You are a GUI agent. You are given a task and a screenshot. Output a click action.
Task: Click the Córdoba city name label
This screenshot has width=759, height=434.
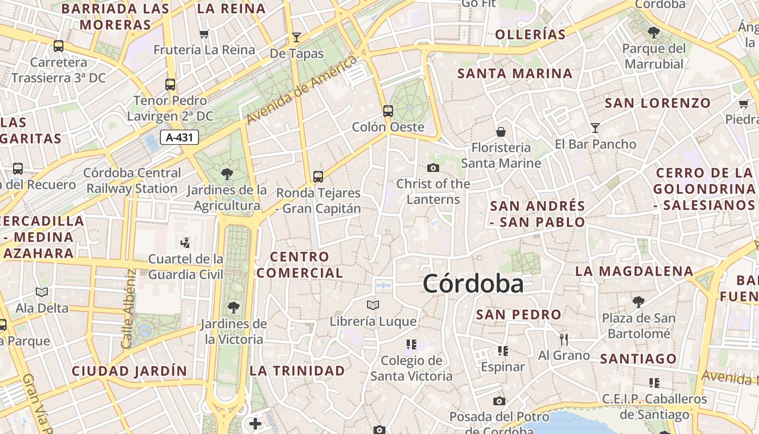[x=473, y=284]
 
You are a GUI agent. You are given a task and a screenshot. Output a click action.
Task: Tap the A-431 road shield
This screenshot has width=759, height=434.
[x=179, y=137]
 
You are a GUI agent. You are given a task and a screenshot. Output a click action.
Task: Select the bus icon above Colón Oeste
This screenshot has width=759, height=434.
[x=388, y=111]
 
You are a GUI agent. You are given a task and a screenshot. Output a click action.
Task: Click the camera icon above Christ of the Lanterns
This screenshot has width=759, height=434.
[x=433, y=168]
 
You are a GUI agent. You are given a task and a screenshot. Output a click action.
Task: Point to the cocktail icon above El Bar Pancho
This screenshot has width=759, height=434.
[x=595, y=128]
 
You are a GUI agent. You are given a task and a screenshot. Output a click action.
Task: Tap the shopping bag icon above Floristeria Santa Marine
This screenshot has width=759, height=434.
[x=501, y=132]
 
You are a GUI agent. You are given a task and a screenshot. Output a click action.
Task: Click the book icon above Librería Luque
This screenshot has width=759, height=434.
[x=373, y=305]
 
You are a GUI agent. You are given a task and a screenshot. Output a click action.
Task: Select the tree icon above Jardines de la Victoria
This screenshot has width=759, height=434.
[x=234, y=308]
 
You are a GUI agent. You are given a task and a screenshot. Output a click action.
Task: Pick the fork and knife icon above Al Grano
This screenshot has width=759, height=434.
[x=564, y=340]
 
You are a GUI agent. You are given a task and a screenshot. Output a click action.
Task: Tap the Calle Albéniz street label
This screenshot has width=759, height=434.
[x=128, y=309]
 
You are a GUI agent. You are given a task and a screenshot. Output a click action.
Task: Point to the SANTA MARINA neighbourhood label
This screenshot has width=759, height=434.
[x=515, y=73]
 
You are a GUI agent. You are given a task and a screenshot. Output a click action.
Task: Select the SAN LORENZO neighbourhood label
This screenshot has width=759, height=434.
[x=658, y=103]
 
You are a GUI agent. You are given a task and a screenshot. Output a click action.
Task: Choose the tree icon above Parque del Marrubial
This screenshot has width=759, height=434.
[x=654, y=33]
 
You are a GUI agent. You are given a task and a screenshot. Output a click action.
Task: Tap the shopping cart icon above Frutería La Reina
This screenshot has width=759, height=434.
[x=204, y=34]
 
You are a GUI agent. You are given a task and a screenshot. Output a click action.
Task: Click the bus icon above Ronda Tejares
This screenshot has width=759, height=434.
[x=318, y=176]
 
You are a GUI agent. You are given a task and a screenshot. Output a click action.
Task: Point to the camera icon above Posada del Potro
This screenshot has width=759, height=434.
[x=499, y=401]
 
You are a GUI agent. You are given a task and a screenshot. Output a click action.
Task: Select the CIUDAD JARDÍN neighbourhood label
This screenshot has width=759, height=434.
[x=130, y=371]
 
